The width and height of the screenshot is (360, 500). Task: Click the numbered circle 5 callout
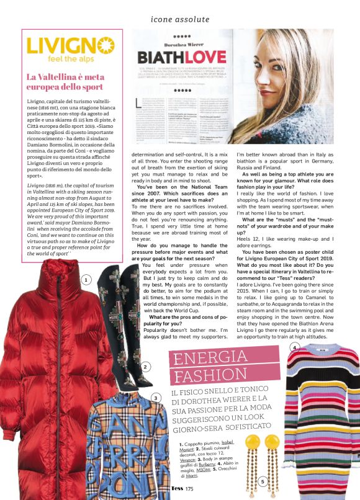tap(263, 481)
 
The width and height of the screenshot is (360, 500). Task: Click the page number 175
tap(189, 491)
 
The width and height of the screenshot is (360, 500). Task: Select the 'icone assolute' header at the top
tap(181, 18)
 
